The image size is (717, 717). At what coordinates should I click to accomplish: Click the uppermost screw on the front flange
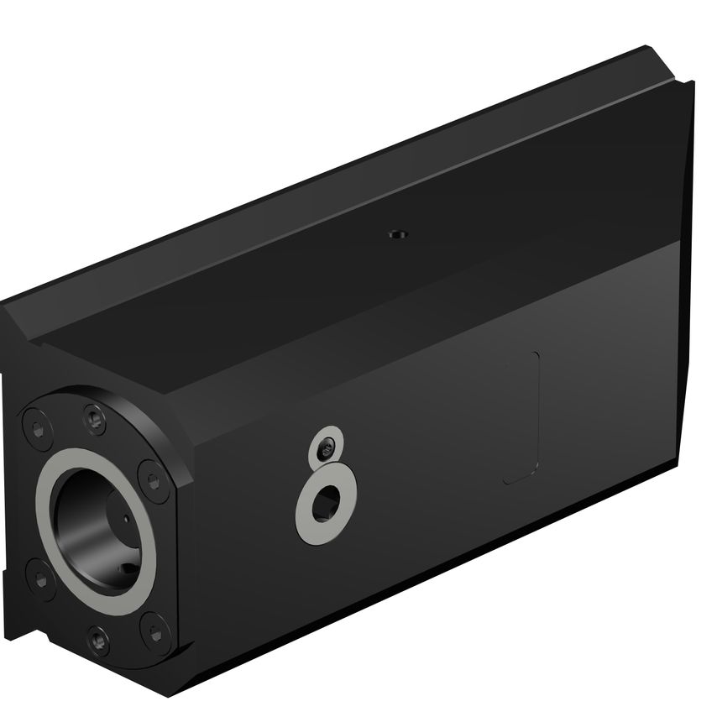pyautogui.click(x=95, y=415)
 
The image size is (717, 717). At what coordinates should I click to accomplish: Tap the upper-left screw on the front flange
pyautogui.click(x=36, y=429)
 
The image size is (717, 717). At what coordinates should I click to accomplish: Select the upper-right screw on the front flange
pyautogui.click(x=154, y=479)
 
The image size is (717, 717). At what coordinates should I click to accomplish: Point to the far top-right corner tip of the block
pyautogui.click(x=692, y=81)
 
